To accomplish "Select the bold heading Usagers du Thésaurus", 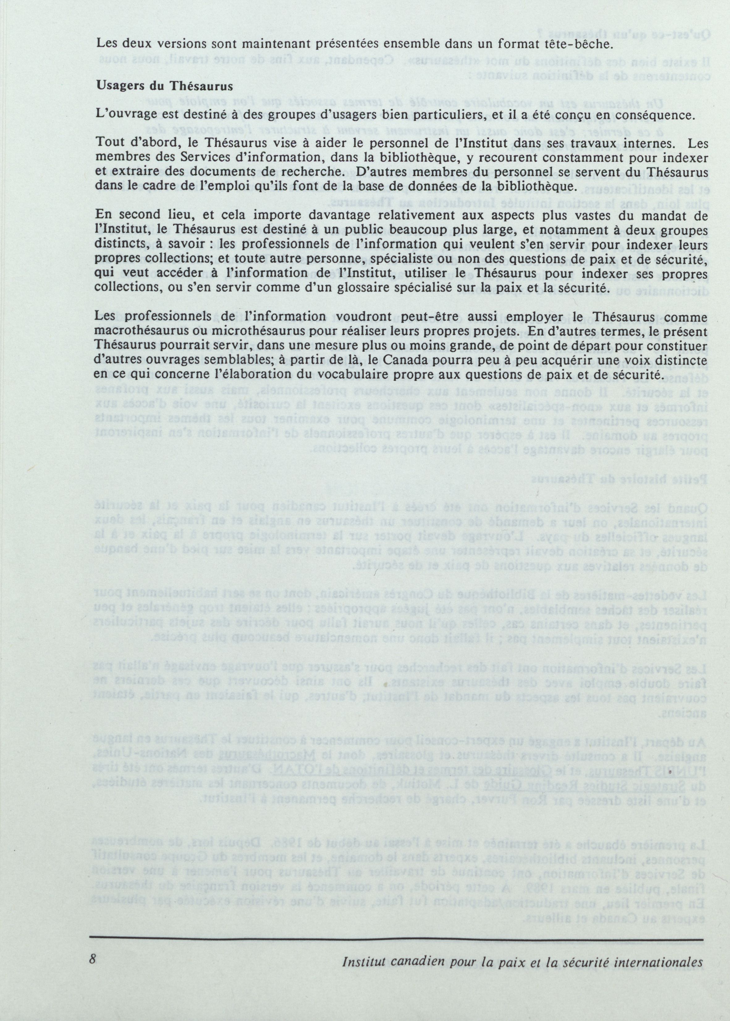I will click(x=165, y=87).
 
